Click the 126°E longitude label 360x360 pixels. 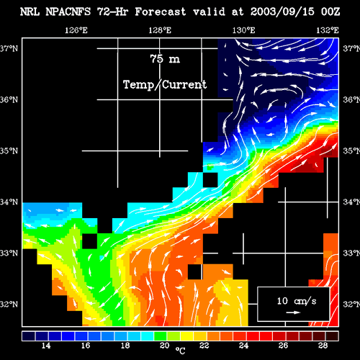click(x=76, y=30)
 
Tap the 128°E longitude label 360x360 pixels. click(x=160, y=30)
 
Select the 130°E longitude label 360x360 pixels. click(x=243, y=30)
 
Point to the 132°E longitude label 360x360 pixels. click(x=328, y=30)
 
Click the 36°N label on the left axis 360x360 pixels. click(x=9, y=99)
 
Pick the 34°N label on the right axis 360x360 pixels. click(x=351, y=202)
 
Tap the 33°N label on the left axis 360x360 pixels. click(x=9, y=253)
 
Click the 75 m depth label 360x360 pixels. click(x=165, y=59)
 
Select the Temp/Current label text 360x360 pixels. click(x=165, y=85)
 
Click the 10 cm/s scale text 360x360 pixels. click(x=297, y=301)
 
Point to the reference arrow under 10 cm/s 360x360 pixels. click(x=293, y=312)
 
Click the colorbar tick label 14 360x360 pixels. click(x=46, y=346)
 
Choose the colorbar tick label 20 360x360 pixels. click(x=165, y=346)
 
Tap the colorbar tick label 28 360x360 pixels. click(x=323, y=346)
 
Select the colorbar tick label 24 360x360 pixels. click(x=243, y=346)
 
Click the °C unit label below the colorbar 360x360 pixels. click(x=180, y=351)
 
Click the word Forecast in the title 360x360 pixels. click(x=160, y=12)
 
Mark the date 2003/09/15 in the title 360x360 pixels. click(x=282, y=12)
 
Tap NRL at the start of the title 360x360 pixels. click(x=30, y=12)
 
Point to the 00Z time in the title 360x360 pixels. click(x=330, y=12)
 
